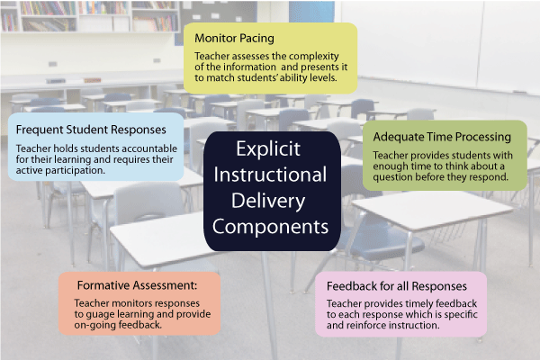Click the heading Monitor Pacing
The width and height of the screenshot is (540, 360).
(x=234, y=38)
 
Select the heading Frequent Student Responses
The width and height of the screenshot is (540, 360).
(x=91, y=130)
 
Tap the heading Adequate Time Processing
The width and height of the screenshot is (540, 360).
(x=442, y=137)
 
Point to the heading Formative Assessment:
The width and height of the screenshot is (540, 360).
(x=137, y=285)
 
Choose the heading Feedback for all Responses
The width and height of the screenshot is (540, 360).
(x=397, y=286)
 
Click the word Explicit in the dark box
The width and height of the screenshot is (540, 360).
(x=268, y=149)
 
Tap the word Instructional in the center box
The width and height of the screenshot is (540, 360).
(x=270, y=175)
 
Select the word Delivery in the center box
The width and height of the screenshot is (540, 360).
(x=268, y=202)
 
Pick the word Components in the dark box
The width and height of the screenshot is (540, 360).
(x=270, y=227)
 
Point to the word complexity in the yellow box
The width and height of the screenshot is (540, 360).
(x=314, y=57)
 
